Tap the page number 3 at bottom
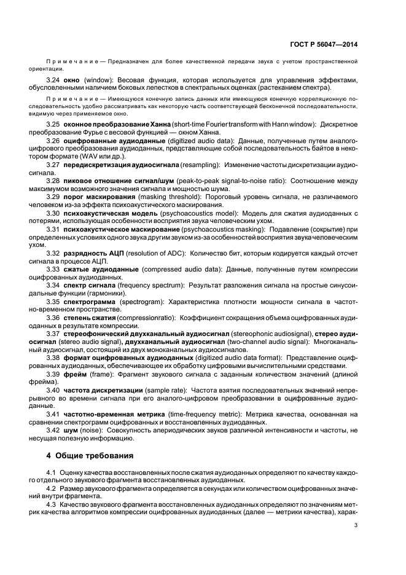point(357,525)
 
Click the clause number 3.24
point(53,80)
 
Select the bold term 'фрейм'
point(73,374)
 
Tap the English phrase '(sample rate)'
point(168,390)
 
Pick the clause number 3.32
point(53,252)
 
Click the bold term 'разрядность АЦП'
point(94,252)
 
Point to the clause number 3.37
point(53,333)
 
